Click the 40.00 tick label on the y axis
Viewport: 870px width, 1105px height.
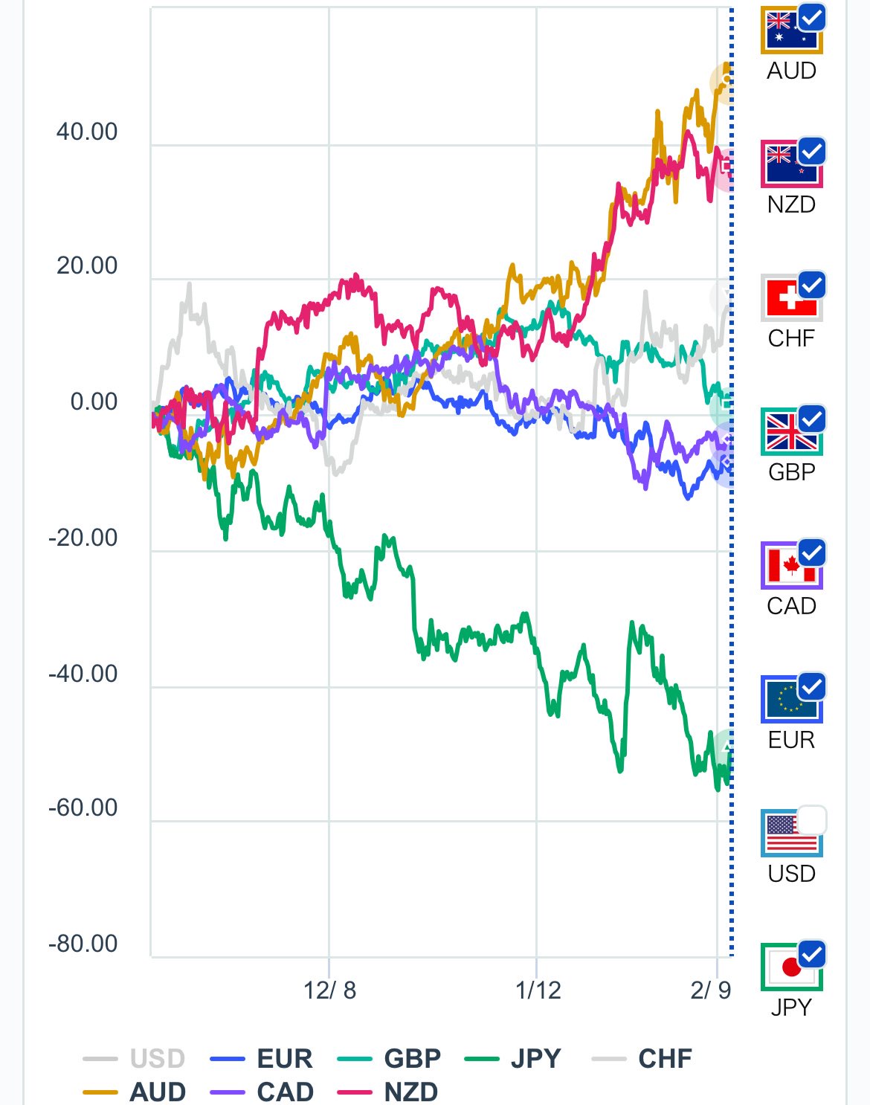point(87,132)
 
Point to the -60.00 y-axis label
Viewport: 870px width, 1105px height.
point(83,808)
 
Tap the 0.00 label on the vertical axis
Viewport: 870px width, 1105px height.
point(94,402)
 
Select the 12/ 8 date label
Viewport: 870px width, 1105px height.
point(329,990)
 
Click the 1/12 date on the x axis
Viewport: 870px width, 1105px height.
point(538,990)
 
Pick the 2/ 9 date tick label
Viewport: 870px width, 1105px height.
point(710,990)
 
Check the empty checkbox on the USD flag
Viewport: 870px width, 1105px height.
point(812,819)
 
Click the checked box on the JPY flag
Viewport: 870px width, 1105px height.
point(812,953)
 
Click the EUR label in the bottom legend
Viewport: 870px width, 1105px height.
point(285,1058)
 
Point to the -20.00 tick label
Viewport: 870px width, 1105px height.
point(83,538)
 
